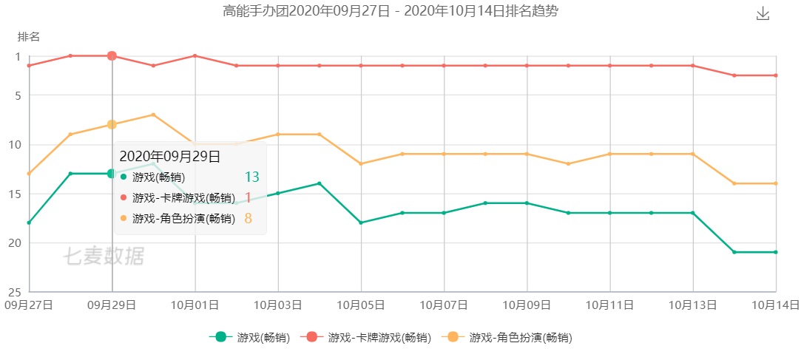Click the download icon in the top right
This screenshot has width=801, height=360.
763,14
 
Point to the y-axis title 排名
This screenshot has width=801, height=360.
29,36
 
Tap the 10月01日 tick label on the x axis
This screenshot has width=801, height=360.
195,305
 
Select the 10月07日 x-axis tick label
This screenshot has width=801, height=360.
444,305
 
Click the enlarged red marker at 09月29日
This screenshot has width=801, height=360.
112,55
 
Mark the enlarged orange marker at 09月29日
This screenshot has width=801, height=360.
112,124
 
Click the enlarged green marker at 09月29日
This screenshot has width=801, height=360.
112,174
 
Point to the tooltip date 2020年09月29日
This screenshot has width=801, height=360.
170,156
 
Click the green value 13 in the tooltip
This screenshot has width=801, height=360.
251,177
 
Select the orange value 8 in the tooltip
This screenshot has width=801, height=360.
249,218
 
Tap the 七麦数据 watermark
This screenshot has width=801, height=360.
103,257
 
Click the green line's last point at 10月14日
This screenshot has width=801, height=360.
775,252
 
